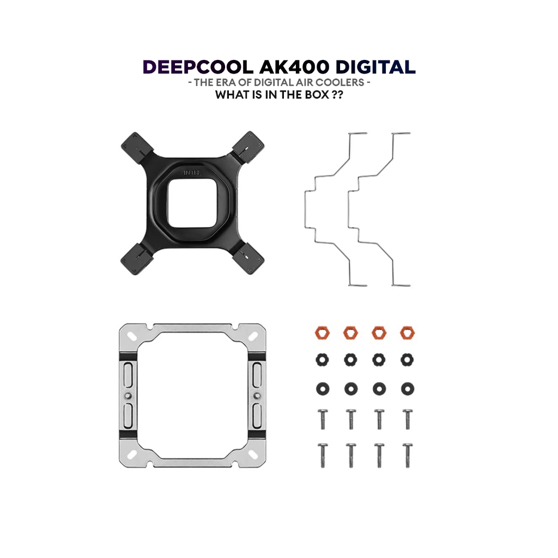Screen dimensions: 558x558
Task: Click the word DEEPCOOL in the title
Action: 198,68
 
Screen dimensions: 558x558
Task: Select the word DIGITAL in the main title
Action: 375,68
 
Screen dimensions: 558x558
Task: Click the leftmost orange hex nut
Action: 323,332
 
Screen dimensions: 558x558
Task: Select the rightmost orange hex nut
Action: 407,332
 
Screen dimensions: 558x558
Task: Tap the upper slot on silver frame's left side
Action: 128,375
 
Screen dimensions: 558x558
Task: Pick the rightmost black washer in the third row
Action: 407,389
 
